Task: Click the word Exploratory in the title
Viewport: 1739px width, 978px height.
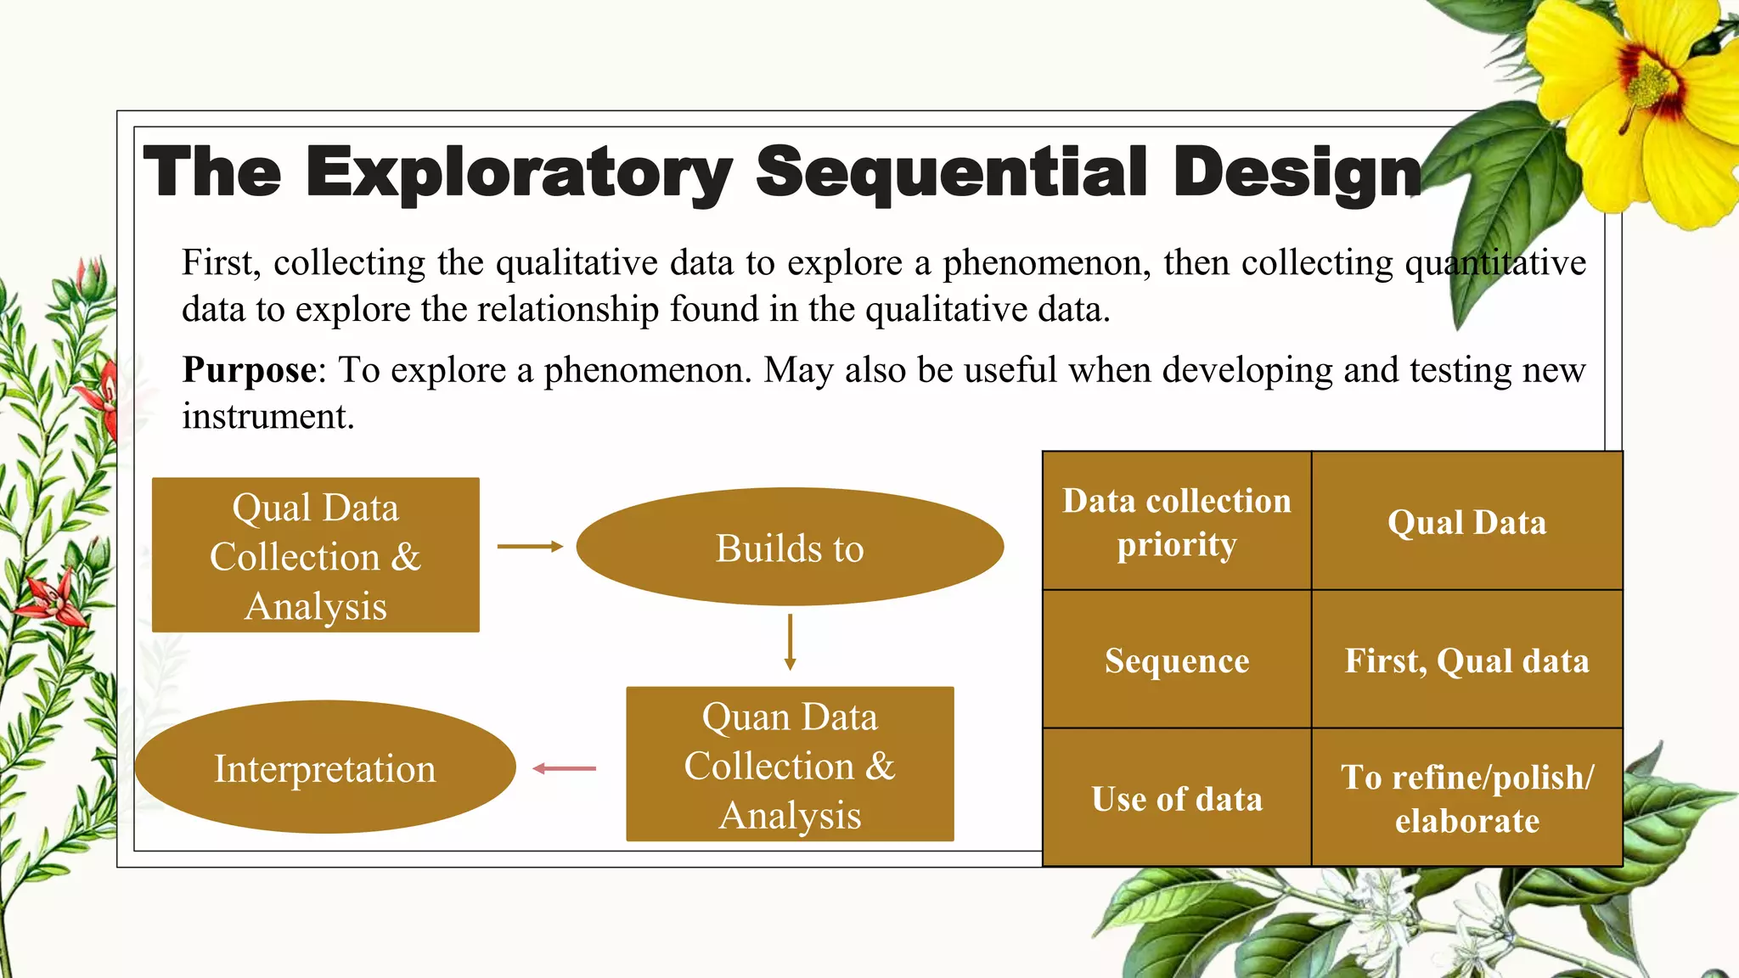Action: click(518, 172)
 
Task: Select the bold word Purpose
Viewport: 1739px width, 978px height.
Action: click(250, 370)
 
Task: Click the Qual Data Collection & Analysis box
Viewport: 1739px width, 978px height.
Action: click(316, 555)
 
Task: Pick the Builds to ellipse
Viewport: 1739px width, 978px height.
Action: click(790, 548)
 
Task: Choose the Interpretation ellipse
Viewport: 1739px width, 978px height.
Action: click(324, 768)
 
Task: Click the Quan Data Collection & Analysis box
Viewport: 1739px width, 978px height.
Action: click(790, 764)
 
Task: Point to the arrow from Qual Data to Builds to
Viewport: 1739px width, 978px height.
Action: click(530, 547)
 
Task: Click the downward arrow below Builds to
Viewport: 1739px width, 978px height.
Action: click(790, 642)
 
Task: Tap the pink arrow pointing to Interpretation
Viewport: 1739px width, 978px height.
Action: click(565, 768)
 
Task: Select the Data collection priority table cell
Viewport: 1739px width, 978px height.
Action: click(1177, 521)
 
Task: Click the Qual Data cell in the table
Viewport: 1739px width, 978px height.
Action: click(1466, 521)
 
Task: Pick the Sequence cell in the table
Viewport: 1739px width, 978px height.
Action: click(1177, 660)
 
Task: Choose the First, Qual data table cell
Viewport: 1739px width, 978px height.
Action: click(1466, 660)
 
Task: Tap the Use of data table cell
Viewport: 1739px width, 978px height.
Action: click(1177, 798)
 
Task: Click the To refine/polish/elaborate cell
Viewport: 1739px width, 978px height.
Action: click(1466, 798)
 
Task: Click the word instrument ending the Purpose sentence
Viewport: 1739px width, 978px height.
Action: click(267, 416)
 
